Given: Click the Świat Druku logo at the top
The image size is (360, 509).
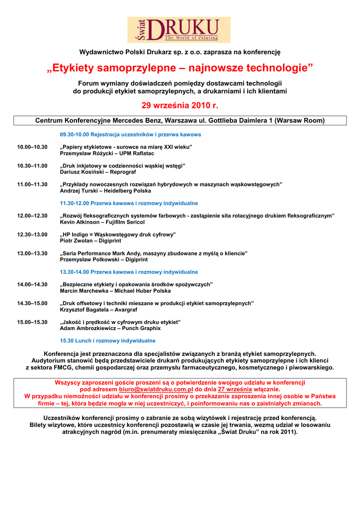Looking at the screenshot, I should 179,30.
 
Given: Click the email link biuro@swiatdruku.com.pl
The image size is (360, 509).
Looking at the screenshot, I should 156,389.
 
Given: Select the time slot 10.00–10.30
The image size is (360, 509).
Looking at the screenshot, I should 32,147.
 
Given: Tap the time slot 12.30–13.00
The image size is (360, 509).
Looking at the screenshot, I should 32,234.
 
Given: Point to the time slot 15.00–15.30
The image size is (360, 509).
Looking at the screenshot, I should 32,322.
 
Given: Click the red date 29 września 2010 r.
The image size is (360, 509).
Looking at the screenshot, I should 180,105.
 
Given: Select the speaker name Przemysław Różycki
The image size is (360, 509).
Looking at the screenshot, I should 84,154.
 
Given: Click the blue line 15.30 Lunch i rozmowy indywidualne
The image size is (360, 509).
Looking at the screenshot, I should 107,340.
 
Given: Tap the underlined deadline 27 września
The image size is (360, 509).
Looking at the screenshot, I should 235,389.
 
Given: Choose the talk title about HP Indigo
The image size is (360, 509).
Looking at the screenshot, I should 118,234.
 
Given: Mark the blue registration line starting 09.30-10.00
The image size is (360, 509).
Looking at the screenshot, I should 130,134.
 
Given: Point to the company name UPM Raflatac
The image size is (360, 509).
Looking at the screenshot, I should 133,154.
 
